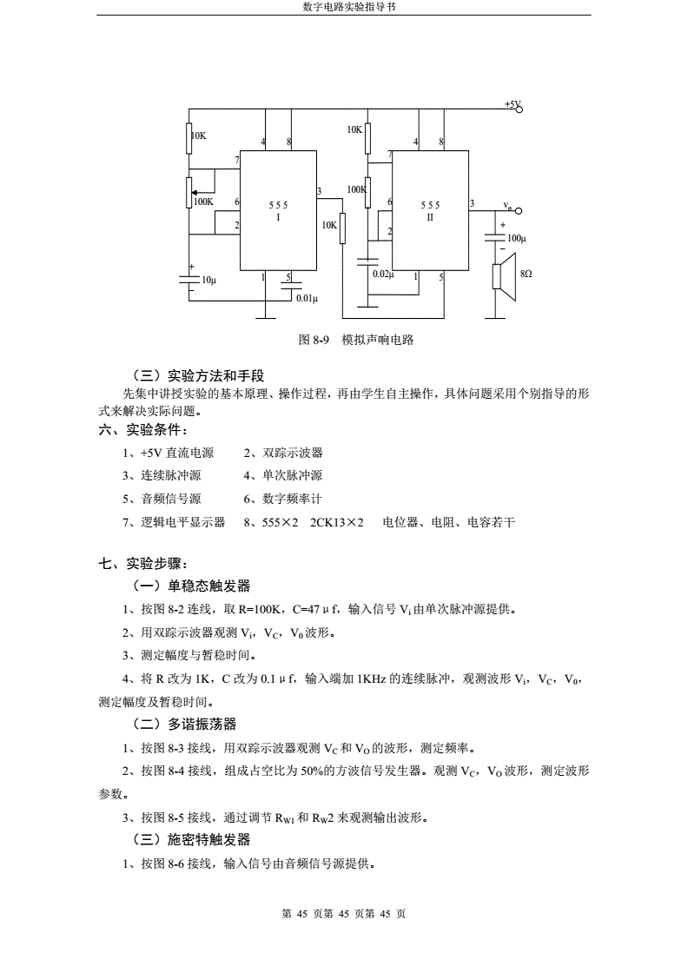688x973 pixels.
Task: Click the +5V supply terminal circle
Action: pyautogui.click(x=519, y=109)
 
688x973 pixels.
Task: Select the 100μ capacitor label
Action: pyautogui.click(x=516, y=238)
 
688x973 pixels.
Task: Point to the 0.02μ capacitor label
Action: pyautogui.click(x=383, y=274)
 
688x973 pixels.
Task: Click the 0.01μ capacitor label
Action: pyautogui.click(x=308, y=298)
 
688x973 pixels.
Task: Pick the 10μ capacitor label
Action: pyautogui.click(x=209, y=280)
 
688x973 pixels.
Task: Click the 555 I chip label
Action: pyautogui.click(x=278, y=211)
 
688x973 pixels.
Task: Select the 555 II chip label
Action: pyautogui.click(x=430, y=211)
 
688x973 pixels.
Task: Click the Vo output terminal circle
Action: pyautogui.click(x=519, y=211)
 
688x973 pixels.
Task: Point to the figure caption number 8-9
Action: pyautogui.click(x=321, y=340)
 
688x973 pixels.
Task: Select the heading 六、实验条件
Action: pyautogui.click(x=142, y=429)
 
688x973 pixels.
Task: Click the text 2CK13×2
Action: pyautogui.click(x=337, y=522)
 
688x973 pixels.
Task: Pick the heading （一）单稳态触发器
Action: pyautogui.click(x=192, y=586)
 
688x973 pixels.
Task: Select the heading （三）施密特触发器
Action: pyautogui.click(x=192, y=840)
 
